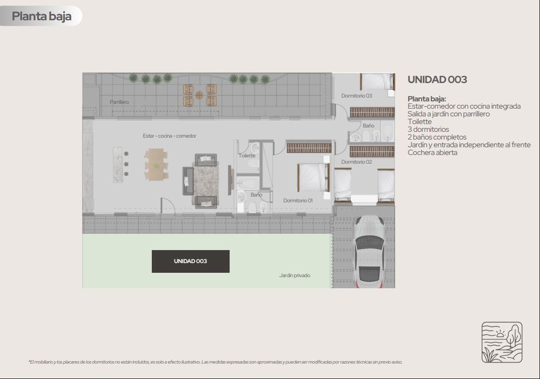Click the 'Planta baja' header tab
[x=41, y=16]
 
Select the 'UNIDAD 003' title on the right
[x=437, y=80]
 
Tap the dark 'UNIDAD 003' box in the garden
[x=190, y=261]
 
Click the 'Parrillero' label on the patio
[x=119, y=102]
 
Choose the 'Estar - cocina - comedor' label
[x=169, y=136]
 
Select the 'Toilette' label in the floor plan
[x=247, y=156]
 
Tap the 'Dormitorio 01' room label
[x=298, y=200]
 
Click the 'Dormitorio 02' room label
[x=356, y=162]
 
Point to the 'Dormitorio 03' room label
[x=356, y=96]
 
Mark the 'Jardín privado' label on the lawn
[x=294, y=276]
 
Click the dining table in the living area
[x=156, y=164]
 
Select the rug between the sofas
[x=206, y=181]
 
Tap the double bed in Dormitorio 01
[x=313, y=178]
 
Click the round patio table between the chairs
[x=199, y=95]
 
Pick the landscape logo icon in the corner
[x=502, y=342]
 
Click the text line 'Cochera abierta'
[x=432, y=153]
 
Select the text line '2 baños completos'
[x=437, y=137]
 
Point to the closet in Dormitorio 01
[x=309, y=148]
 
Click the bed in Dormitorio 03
[x=377, y=82]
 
